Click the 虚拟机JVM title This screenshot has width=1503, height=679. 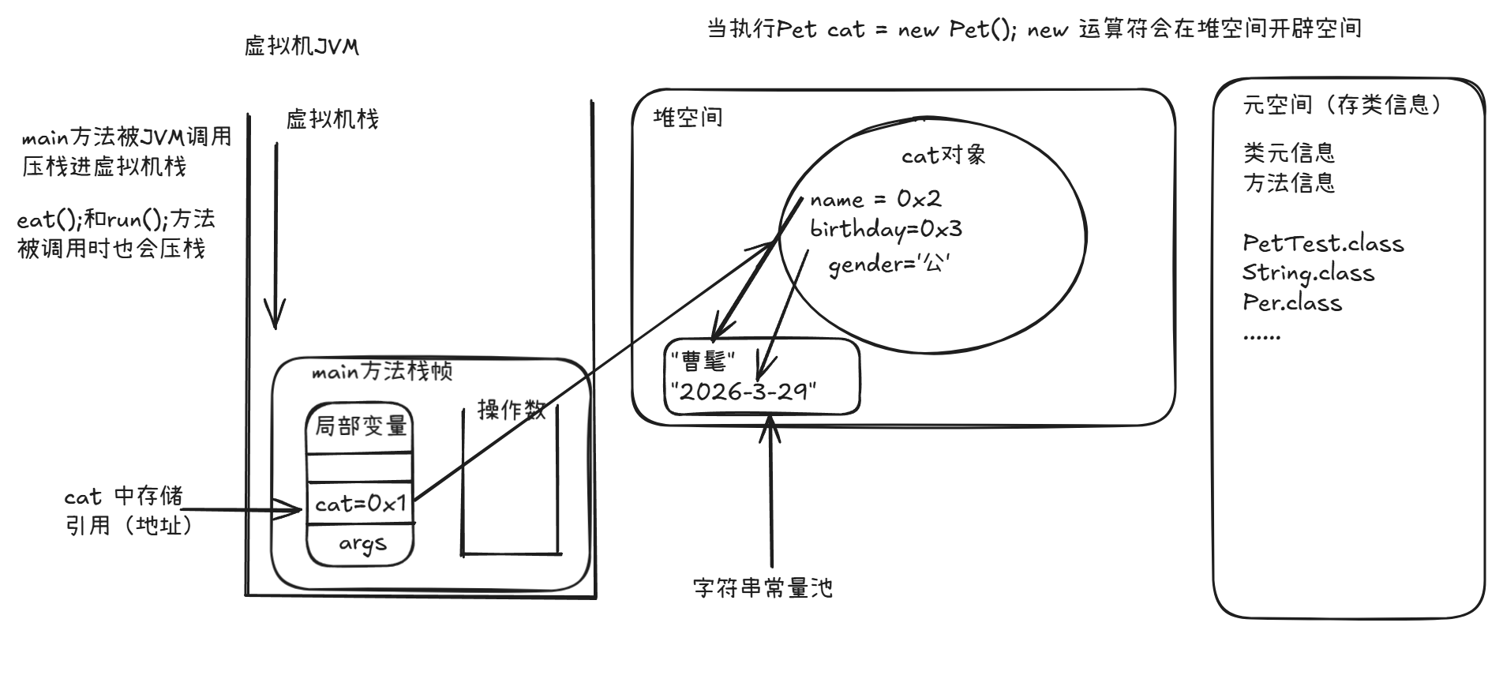pyautogui.click(x=302, y=47)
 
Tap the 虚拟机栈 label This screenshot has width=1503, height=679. pyautogui.click(x=332, y=119)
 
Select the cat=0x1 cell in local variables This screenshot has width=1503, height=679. pyautogui.click(x=360, y=503)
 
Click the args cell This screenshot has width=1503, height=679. pyautogui.click(x=362, y=543)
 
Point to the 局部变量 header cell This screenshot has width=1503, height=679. pyautogui.click(x=361, y=426)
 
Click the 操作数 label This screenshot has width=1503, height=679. pyautogui.click(x=512, y=409)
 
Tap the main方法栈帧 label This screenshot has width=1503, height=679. pyautogui.click(x=382, y=371)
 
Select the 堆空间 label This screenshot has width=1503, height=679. pyautogui.click(x=688, y=118)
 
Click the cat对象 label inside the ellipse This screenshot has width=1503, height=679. pyautogui.click(x=943, y=155)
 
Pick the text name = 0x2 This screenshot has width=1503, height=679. pyautogui.click(x=875, y=199)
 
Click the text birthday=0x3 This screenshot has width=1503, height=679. pyautogui.click(x=886, y=230)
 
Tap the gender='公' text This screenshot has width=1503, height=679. pyautogui.click(x=889, y=264)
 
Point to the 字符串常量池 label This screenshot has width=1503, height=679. pyautogui.click(x=763, y=587)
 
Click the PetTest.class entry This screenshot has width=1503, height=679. pyautogui.click(x=1323, y=243)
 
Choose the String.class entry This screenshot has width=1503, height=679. pyautogui.click(x=1308, y=273)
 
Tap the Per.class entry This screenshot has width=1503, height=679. pyautogui.click(x=1292, y=302)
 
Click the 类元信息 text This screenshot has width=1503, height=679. pyautogui.click(x=1289, y=152)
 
